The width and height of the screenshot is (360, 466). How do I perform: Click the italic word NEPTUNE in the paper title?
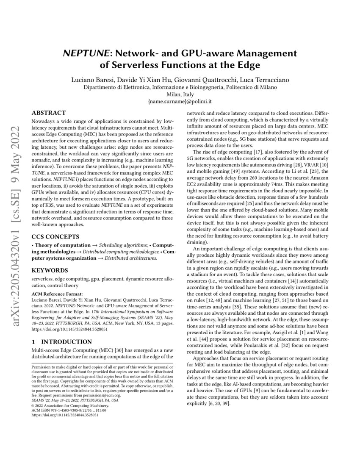coord(83,54)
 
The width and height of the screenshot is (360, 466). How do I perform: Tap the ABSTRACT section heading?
coord(49,113)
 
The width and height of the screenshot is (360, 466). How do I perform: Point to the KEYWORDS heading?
coord(50,270)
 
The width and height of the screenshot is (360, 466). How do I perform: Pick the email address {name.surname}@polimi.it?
coord(180,102)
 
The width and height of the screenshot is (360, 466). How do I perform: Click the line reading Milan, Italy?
coord(180,95)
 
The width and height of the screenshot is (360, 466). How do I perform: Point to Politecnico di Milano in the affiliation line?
coord(247,87)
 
